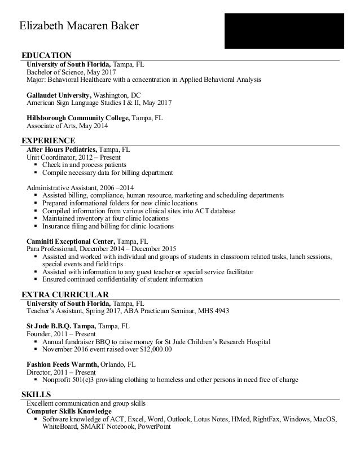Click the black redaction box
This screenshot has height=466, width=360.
pyautogui.click(x=284, y=30)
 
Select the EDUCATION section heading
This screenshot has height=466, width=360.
pyautogui.click(x=46, y=55)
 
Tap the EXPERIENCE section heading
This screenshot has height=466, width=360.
pyautogui.click(x=48, y=140)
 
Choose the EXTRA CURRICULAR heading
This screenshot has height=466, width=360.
pyautogui.click(x=65, y=294)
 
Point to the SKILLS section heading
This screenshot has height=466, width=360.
pyautogui.click(x=36, y=394)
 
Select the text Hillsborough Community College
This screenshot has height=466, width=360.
pyautogui.click(x=78, y=118)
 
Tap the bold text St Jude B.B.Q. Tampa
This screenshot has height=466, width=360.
pyautogui.click(x=62, y=326)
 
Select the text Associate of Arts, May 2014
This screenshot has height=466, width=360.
pyautogui.click(x=68, y=126)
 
